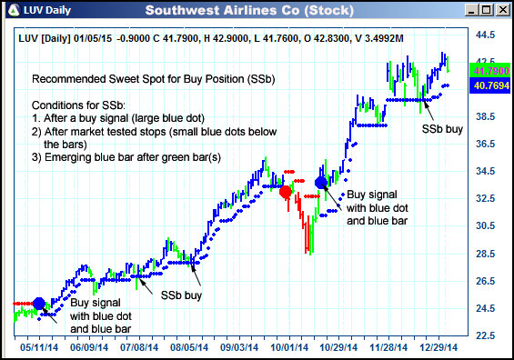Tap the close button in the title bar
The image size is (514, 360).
[500, 11]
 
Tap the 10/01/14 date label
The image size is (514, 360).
[289, 347]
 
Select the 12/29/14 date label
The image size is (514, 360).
[438, 347]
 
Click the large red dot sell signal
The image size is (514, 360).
[286, 192]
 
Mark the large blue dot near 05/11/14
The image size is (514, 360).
[38, 304]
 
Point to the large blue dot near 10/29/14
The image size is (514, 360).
[321, 183]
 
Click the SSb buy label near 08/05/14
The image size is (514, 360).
[181, 295]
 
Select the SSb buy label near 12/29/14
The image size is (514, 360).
[441, 129]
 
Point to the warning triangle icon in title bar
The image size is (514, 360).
[11, 11]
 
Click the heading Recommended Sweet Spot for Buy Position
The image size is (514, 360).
[153, 80]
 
